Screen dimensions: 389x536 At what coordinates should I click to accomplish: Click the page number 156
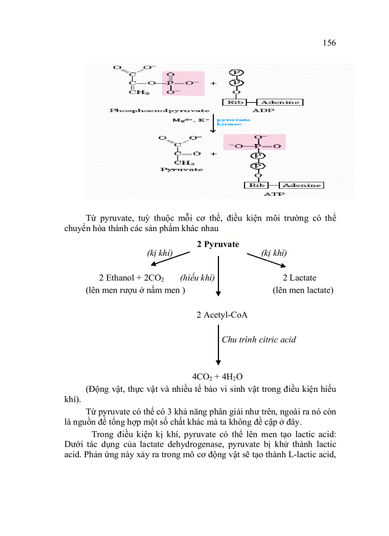tap(329, 43)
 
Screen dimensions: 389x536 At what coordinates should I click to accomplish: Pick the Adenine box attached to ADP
tap(280, 102)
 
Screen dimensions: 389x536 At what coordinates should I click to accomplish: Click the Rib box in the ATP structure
tap(256, 185)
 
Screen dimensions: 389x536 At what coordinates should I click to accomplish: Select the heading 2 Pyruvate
tap(218, 244)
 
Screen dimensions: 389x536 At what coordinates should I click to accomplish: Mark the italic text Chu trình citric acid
tap(259, 340)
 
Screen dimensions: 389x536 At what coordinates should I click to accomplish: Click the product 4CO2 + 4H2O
tap(218, 377)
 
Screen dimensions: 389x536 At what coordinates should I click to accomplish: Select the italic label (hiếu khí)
tap(197, 278)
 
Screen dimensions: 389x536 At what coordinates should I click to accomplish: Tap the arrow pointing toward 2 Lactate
tap(266, 261)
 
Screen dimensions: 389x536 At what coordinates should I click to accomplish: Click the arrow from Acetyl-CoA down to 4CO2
tap(218, 345)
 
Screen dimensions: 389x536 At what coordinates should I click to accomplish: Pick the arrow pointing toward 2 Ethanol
tap(170, 261)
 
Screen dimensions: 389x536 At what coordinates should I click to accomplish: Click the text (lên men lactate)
tap(303, 290)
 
